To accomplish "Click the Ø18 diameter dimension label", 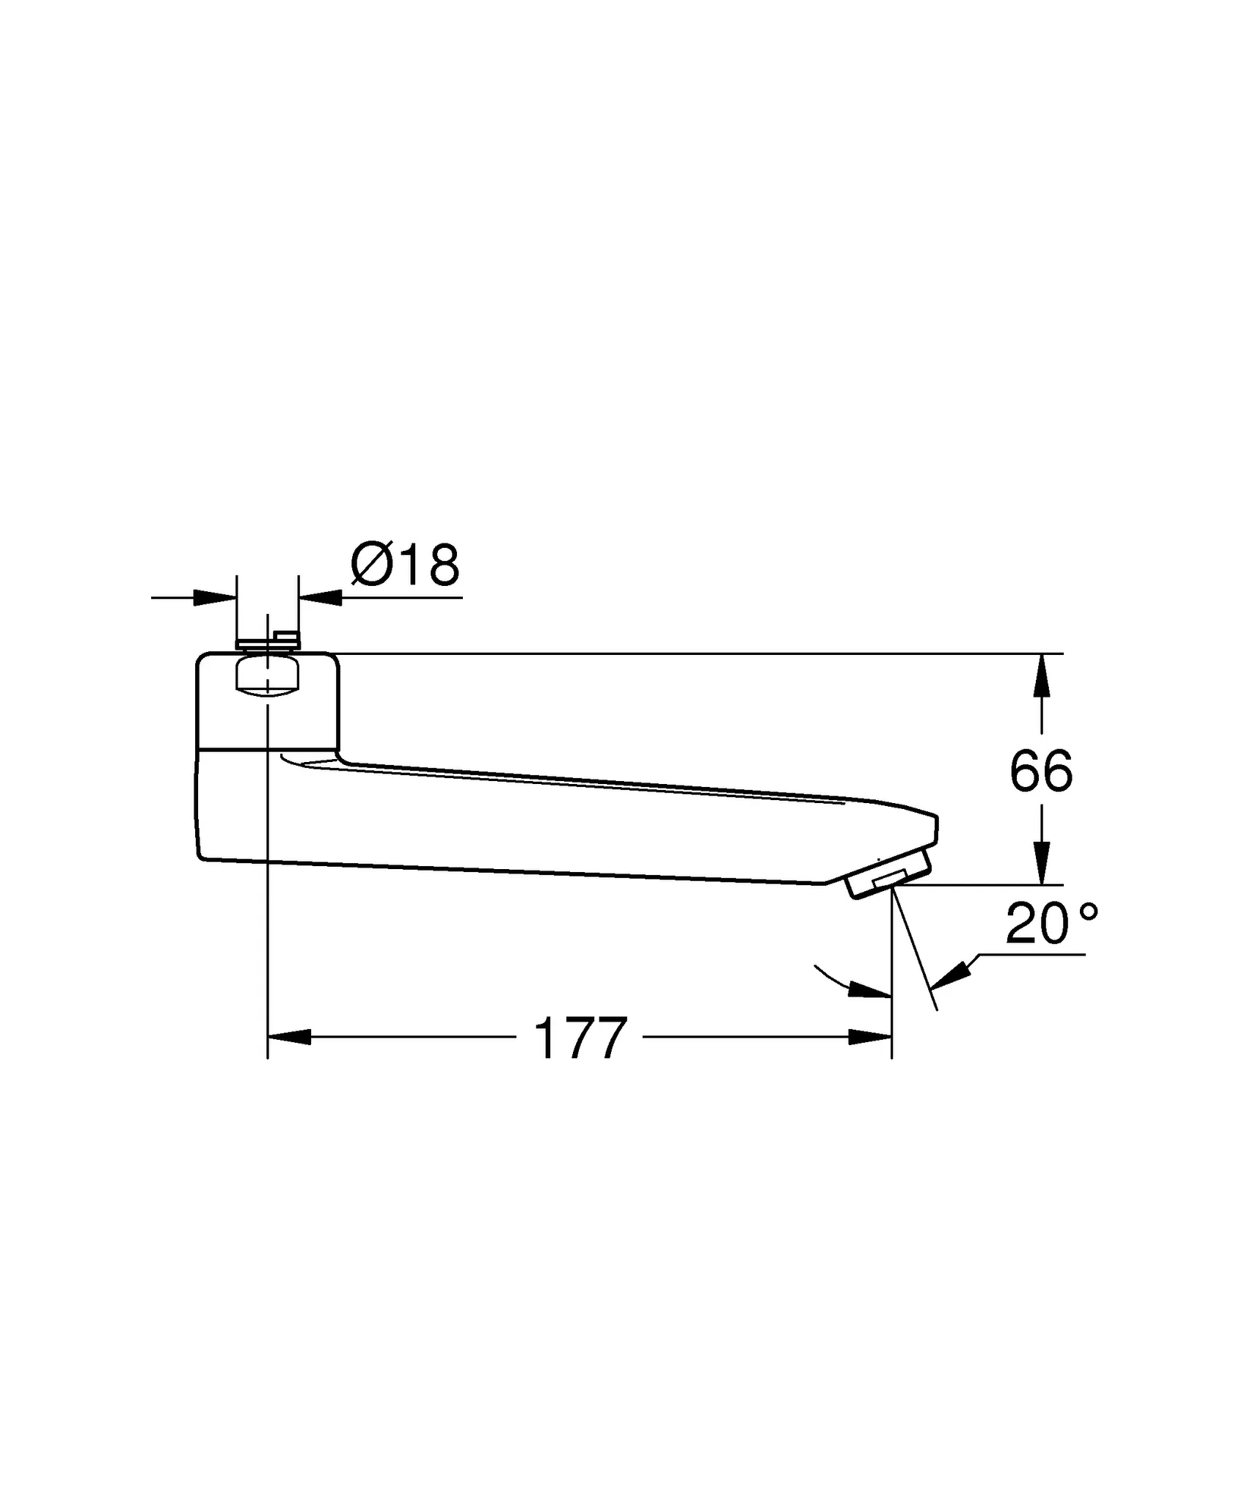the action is coord(405,565).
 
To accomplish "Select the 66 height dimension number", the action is coord(1041,772).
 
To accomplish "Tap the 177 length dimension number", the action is coord(580,1038).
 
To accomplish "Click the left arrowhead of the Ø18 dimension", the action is coord(216,597).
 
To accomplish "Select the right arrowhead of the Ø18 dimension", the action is coord(321,597).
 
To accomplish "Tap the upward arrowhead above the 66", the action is coord(1041,675).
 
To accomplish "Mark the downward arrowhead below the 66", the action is coord(1041,863).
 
